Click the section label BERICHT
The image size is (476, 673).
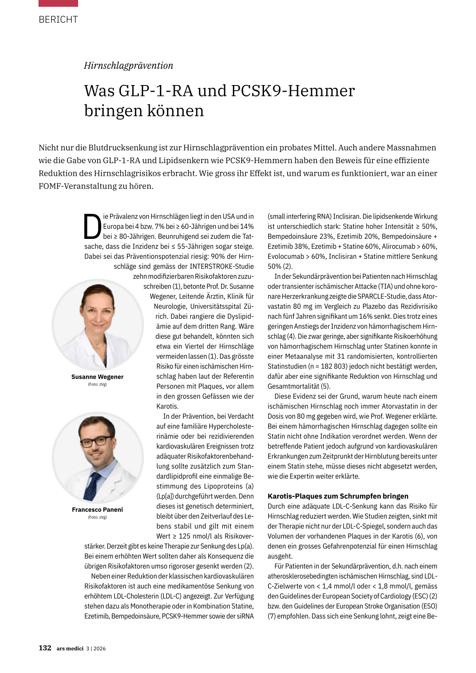[58, 20]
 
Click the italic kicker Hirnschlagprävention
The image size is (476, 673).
[128, 66]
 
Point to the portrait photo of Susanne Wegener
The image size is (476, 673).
[98, 324]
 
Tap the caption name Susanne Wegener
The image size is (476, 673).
[97, 377]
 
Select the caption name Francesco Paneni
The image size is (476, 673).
[97, 510]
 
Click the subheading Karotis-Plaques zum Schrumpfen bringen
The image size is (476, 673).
[338, 496]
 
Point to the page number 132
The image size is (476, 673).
[45, 648]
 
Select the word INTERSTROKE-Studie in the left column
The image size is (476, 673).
[222, 266]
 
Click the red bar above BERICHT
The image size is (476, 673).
[58, 3]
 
